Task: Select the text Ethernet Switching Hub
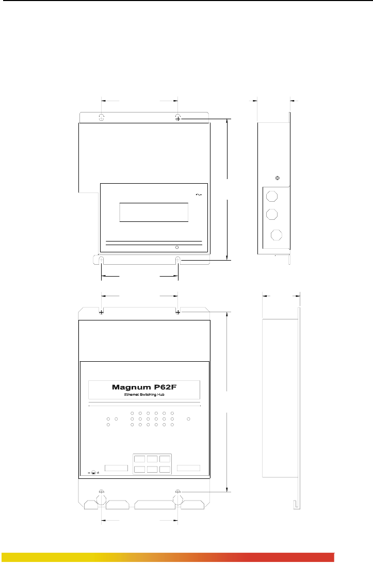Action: tap(144, 395)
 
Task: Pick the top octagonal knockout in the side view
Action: tap(271, 196)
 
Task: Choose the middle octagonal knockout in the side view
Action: tap(271, 214)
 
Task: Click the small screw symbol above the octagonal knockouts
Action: tap(278, 178)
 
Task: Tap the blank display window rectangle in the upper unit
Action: tap(154, 212)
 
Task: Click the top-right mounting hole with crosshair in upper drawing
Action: tap(178, 118)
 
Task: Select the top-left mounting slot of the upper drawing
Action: tap(101, 118)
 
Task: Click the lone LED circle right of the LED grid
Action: tap(189, 419)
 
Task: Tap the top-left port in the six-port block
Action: tap(139, 459)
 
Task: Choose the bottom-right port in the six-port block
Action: tap(165, 469)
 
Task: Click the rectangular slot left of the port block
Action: tap(116, 468)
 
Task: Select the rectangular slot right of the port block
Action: tap(188, 468)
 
